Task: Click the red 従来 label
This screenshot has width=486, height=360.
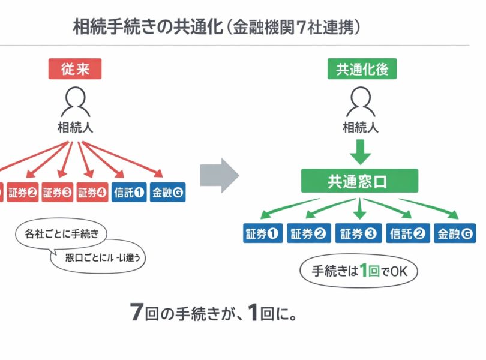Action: point(75,69)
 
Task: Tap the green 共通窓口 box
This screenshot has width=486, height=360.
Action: point(359,180)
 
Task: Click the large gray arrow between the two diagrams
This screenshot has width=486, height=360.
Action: point(219,175)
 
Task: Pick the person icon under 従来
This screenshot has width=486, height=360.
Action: point(75,101)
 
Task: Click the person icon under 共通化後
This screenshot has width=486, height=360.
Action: point(360,101)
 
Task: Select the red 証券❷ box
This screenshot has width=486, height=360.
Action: point(22,192)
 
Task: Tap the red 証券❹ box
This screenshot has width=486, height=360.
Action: point(92,192)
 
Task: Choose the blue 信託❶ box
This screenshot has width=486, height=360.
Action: point(128,192)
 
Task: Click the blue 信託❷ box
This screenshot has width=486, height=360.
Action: point(408,233)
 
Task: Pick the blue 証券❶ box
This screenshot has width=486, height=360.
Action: point(263,233)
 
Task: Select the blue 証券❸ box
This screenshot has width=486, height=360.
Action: point(359,233)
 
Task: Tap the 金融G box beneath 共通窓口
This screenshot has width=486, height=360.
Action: point(455,233)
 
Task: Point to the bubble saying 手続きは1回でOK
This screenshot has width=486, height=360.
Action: point(358,271)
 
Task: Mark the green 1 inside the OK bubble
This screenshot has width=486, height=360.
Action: point(362,271)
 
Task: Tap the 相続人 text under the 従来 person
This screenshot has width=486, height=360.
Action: point(75,127)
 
